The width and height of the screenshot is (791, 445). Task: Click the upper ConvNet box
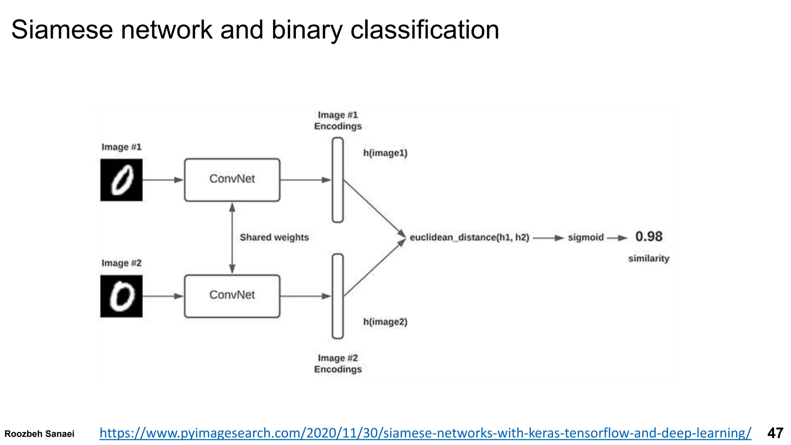pos(232,180)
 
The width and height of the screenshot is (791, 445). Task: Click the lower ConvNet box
pos(232,296)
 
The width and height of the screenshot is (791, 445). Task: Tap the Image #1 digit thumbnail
pos(121,180)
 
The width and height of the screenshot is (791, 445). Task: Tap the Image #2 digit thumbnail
pos(121,296)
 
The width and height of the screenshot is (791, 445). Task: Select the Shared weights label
pos(274,237)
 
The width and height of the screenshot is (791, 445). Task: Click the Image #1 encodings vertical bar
pos(338,180)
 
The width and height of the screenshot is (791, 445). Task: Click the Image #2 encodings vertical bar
pos(338,296)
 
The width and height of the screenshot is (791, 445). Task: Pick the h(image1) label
pos(385,153)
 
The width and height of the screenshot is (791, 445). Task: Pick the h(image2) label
pos(385,322)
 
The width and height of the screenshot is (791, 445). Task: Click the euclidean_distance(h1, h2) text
pos(469,237)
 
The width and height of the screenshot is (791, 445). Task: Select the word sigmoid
pos(586,237)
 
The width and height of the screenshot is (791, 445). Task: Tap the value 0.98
pos(649,236)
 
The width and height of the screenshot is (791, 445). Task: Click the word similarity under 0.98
pos(648,258)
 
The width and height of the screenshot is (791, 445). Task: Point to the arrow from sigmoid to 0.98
pos(617,238)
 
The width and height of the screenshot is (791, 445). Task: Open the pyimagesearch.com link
pos(425,433)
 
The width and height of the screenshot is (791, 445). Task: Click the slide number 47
pos(775,433)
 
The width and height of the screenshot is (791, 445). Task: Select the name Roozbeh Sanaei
pos(39,434)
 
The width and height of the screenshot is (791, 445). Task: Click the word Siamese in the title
pos(62,30)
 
